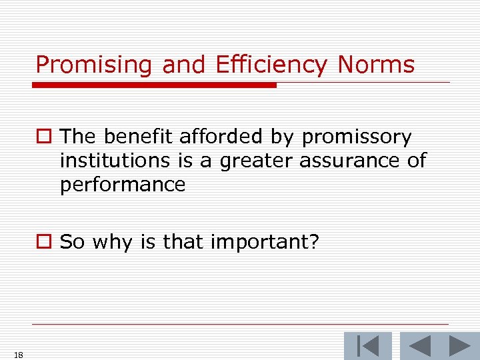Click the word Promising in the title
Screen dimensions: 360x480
click(95, 65)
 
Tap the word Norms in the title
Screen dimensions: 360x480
click(376, 65)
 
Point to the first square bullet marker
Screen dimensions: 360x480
click(44, 138)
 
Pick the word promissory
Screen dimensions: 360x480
click(357, 137)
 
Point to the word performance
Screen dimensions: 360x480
click(123, 184)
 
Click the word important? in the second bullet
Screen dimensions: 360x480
click(265, 242)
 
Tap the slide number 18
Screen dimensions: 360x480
click(19, 355)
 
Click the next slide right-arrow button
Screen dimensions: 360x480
click(459, 346)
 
